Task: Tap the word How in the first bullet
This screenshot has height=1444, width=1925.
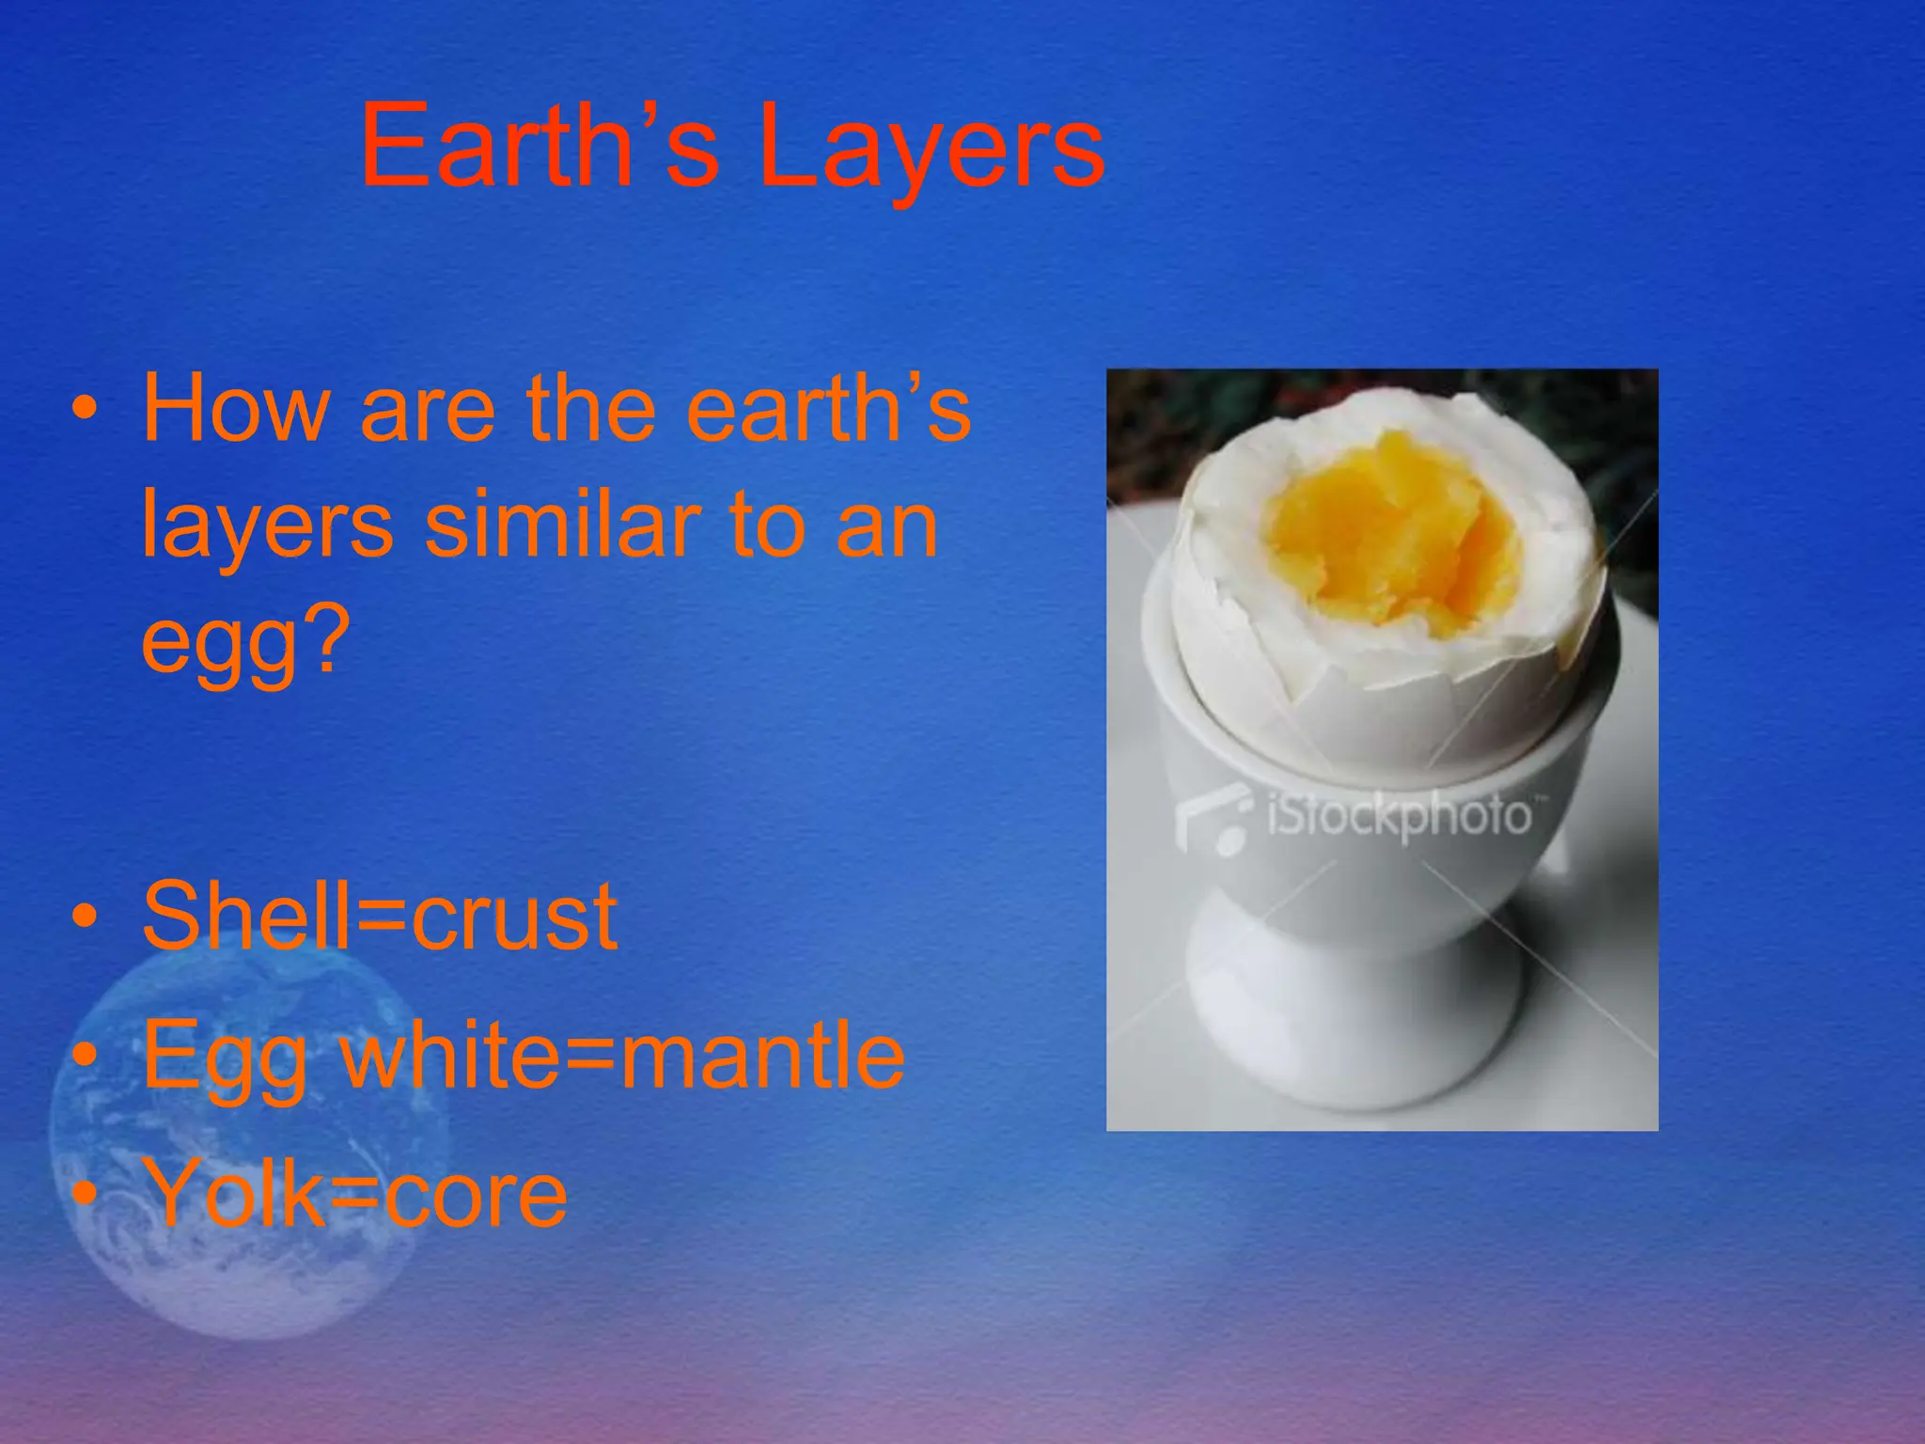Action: pyautogui.click(x=235, y=409)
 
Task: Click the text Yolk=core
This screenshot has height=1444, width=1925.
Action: pyautogui.click(x=357, y=1194)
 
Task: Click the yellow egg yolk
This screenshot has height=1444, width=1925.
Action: pyautogui.click(x=1391, y=536)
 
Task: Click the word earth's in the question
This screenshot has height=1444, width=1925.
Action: pyautogui.click(x=827, y=409)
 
